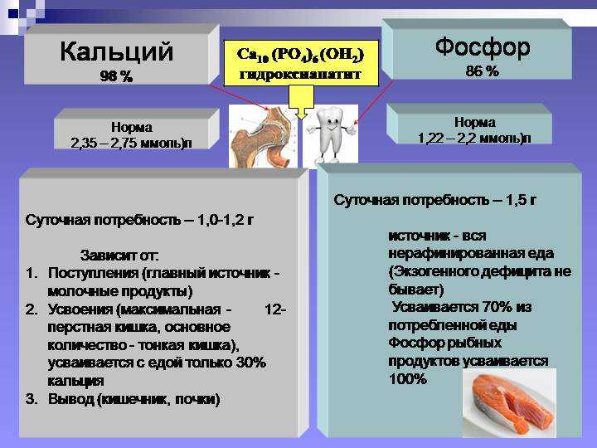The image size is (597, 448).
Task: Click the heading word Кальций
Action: coord(117,51)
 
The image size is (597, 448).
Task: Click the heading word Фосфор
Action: coord(483,47)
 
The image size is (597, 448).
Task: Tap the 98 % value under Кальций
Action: coord(116,76)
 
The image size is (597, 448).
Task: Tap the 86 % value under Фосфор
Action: coord(482,71)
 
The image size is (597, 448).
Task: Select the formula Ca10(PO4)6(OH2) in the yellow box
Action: coord(300,55)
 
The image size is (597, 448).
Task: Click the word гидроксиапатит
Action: coord(300,74)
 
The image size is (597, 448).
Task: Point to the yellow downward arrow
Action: coord(301,102)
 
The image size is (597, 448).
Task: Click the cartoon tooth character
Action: coord(331,135)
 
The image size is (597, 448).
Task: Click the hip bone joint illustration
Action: coord(263,136)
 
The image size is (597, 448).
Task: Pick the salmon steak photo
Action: coord(509,404)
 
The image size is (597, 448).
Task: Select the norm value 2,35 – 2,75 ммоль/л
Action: coord(131,144)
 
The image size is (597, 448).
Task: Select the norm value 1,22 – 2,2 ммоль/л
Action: coord(474,139)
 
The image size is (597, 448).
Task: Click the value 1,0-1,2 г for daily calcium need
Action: coord(225,220)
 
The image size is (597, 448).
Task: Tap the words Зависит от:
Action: coord(119,256)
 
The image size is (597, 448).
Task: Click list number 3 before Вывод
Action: coord(32,399)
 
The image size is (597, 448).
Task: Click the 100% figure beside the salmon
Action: coord(408,378)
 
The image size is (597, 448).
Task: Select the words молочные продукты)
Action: coord(120,291)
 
